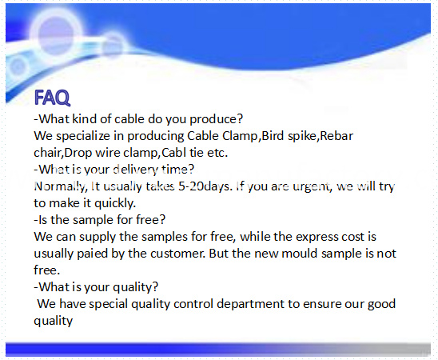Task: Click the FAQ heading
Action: [52, 98]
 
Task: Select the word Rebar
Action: [336, 136]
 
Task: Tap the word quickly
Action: [115, 203]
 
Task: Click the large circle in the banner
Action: [55, 34]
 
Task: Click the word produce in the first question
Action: [217, 120]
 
